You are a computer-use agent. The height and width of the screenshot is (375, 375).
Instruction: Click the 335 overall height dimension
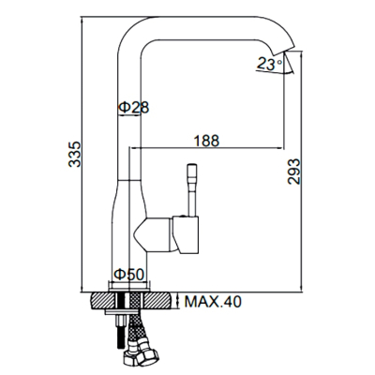click(x=75, y=154)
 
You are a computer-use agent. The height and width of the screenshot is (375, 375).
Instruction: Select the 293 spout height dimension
click(x=294, y=172)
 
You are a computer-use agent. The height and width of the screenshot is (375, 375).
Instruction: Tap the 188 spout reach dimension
click(x=206, y=141)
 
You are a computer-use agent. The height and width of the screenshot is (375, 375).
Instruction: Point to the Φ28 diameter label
click(x=134, y=108)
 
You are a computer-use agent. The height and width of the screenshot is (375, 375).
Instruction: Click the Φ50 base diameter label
click(x=129, y=275)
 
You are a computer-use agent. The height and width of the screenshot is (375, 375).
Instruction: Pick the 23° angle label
click(x=269, y=64)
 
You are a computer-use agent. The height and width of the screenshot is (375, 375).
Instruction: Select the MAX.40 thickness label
click(x=213, y=302)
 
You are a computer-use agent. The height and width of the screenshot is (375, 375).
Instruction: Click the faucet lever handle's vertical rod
click(x=192, y=189)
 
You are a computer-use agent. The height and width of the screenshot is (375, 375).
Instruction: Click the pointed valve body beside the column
click(x=153, y=234)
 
